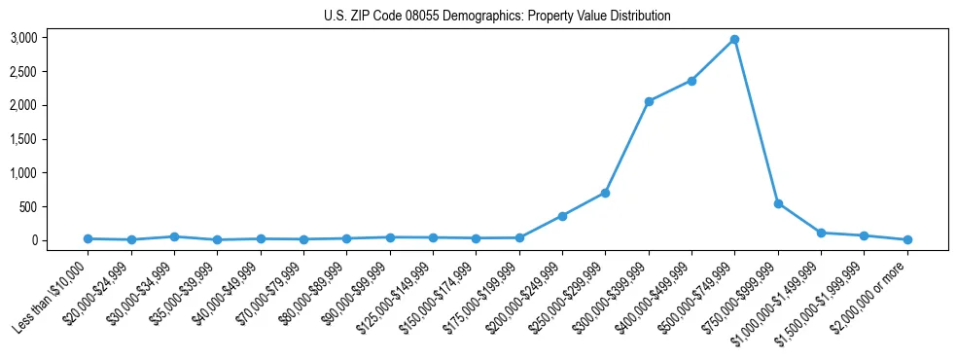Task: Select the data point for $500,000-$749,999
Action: coord(734,40)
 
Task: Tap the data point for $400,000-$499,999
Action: coord(691,81)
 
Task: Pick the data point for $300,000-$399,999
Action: coord(649,101)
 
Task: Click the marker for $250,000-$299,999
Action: coord(605,193)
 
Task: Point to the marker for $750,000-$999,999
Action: coord(778,203)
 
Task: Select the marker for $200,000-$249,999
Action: coord(562,216)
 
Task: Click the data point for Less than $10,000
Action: coord(88,238)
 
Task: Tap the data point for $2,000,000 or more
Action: coord(907,239)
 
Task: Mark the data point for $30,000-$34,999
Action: coord(174,236)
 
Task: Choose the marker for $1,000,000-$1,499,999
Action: coord(821,233)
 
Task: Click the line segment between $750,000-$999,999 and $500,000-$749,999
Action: coord(757,122)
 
